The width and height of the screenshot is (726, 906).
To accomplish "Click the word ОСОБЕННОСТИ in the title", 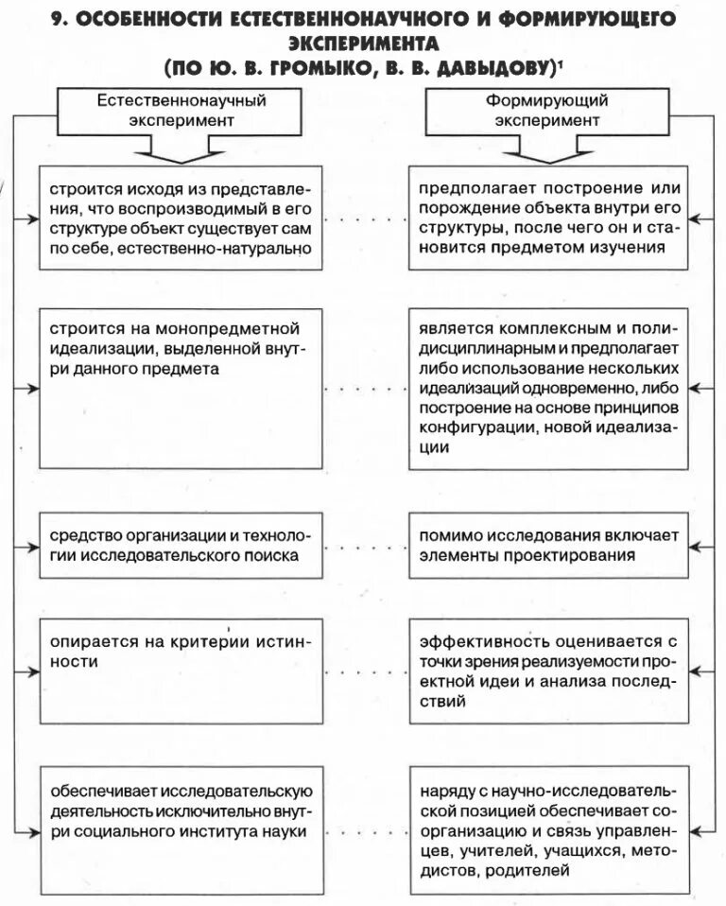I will click(x=149, y=20).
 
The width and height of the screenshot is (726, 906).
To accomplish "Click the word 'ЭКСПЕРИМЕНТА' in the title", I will click(x=363, y=43).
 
